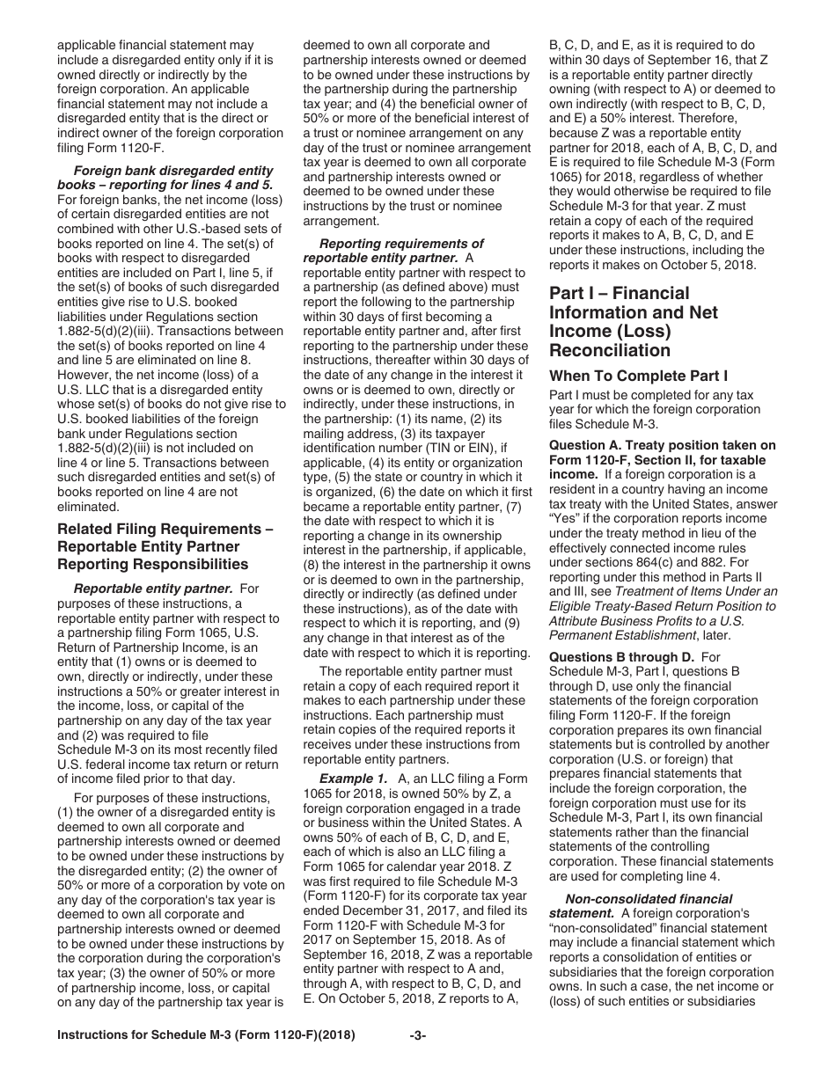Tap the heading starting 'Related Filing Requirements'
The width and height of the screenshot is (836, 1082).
(x=165, y=529)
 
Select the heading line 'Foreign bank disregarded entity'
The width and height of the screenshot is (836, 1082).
(x=173, y=170)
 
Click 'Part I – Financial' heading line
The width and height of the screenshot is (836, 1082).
(x=620, y=292)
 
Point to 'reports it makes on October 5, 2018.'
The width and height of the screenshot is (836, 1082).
(x=652, y=265)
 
